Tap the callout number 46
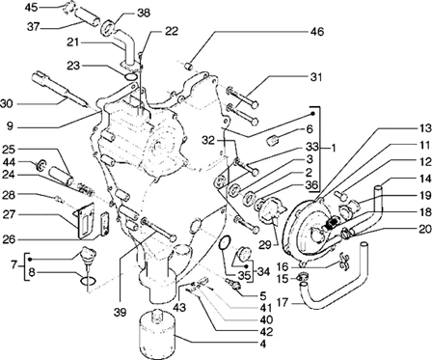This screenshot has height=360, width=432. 317,32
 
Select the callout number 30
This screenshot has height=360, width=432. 7,103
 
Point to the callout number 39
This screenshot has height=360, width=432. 120,312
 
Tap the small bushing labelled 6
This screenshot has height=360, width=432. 273,141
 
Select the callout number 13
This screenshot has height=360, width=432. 424,128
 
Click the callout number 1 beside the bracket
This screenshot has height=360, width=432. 333,148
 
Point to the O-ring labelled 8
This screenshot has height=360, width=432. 88,281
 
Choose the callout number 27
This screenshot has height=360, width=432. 9,213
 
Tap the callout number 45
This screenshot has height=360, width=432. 32,7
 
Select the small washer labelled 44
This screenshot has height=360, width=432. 41,165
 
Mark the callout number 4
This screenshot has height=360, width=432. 263,344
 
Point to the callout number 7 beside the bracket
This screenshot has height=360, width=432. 13,265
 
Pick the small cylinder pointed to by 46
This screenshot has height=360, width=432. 190,67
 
